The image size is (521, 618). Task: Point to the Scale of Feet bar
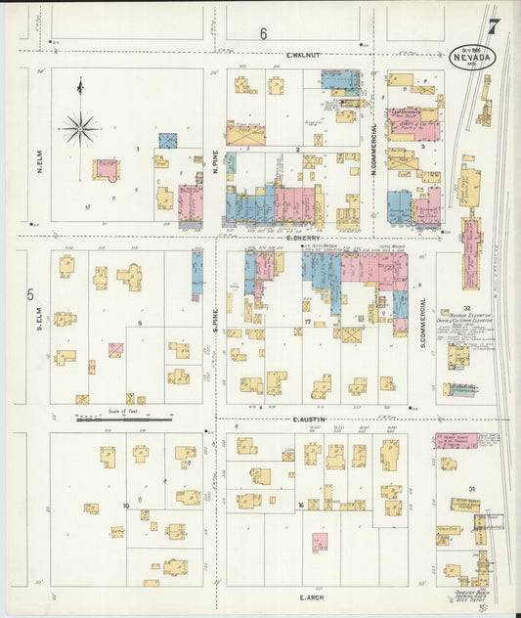tap(123, 420)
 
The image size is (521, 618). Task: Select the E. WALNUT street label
tap(304, 56)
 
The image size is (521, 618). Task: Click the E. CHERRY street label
tap(304, 238)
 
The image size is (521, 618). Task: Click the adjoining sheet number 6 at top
tap(263, 34)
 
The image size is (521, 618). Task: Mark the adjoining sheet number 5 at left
tap(30, 294)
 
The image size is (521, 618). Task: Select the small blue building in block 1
tap(168, 141)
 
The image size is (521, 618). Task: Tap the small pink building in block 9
tap(115, 349)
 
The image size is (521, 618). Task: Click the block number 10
tap(126, 506)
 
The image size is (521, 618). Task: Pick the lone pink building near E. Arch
tap(320, 542)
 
